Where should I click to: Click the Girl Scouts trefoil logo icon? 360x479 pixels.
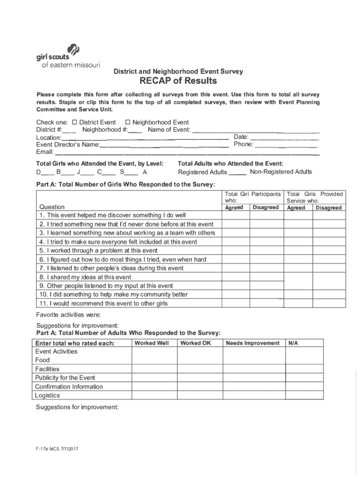tap(74, 49)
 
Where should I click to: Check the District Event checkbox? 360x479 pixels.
tap(74, 123)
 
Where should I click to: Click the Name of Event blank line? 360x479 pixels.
tap(256, 130)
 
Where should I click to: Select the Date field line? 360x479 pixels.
tap(285, 138)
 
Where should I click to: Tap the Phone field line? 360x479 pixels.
tap(287, 145)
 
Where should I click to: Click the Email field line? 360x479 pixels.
tap(187, 152)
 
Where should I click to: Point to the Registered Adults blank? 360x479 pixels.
tap(238, 173)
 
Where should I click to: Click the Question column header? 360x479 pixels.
tap(52, 207)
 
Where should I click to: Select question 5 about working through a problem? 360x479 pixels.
tap(99, 251)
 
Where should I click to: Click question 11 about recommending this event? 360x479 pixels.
tap(104, 304)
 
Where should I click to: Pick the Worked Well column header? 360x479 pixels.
tap(151, 343)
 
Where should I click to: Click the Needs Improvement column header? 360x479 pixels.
tap(252, 343)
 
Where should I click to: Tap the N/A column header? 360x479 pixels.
tap(294, 343)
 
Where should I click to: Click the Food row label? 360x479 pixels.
tap(43, 360)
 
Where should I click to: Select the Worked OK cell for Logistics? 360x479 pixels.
tap(200, 396)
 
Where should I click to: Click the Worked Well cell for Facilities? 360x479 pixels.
tap(154, 369)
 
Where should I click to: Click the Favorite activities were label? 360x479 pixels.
tap(68, 314)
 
